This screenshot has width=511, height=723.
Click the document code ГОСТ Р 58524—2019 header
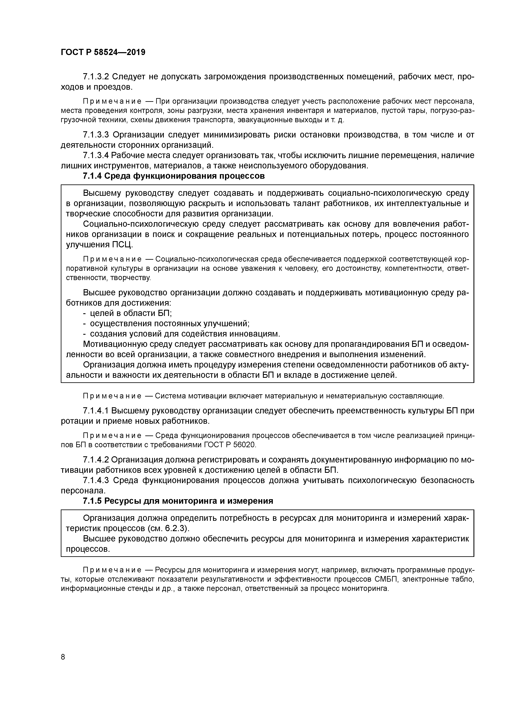click(103, 52)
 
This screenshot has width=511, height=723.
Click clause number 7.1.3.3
click(96, 135)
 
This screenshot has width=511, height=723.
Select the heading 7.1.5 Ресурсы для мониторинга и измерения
click(178, 501)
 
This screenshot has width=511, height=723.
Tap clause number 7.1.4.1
click(96, 411)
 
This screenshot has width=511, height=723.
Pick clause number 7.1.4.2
click(96, 460)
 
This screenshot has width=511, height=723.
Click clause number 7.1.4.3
click(96, 481)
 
